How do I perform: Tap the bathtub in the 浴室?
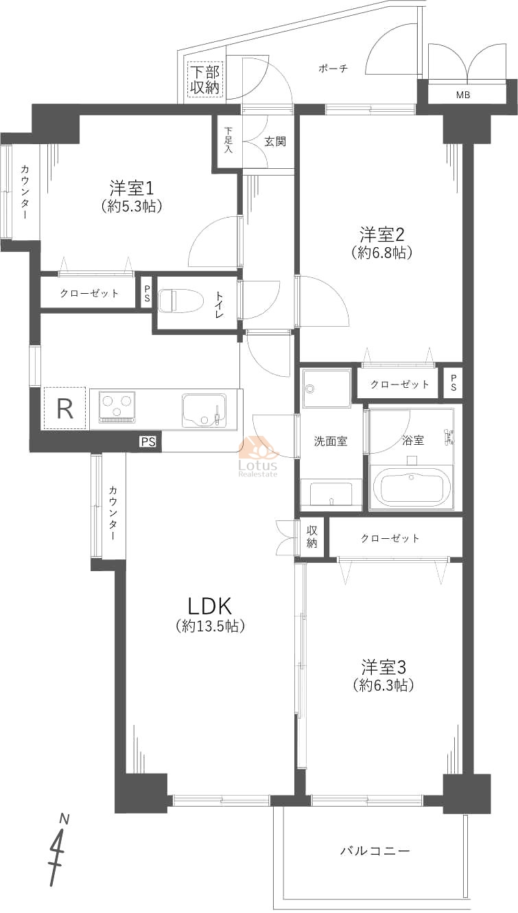[x=411, y=487]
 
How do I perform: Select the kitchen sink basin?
[x=204, y=410]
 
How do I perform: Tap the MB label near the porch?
[x=463, y=95]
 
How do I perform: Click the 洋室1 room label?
[x=132, y=188]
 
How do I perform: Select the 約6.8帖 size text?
[x=382, y=253]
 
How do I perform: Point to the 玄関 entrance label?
[x=275, y=141]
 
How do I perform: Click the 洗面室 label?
[x=331, y=441]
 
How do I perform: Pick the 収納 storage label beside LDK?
[x=312, y=537]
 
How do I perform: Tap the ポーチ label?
[x=333, y=69]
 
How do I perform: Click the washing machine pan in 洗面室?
[x=327, y=389]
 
